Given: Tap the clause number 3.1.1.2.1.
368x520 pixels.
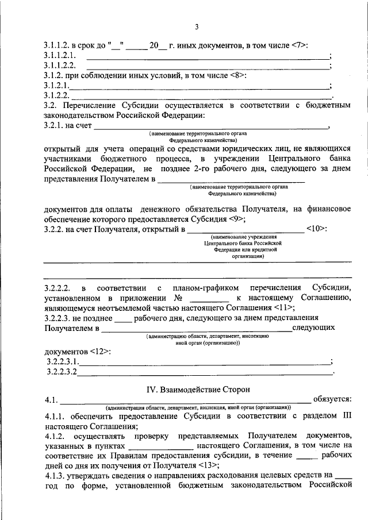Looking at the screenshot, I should point(60,56).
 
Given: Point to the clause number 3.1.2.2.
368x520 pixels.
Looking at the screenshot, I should point(57,95).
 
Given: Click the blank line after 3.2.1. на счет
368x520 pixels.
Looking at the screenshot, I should point(210,126).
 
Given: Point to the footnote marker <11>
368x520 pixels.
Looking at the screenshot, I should point(285,307).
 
